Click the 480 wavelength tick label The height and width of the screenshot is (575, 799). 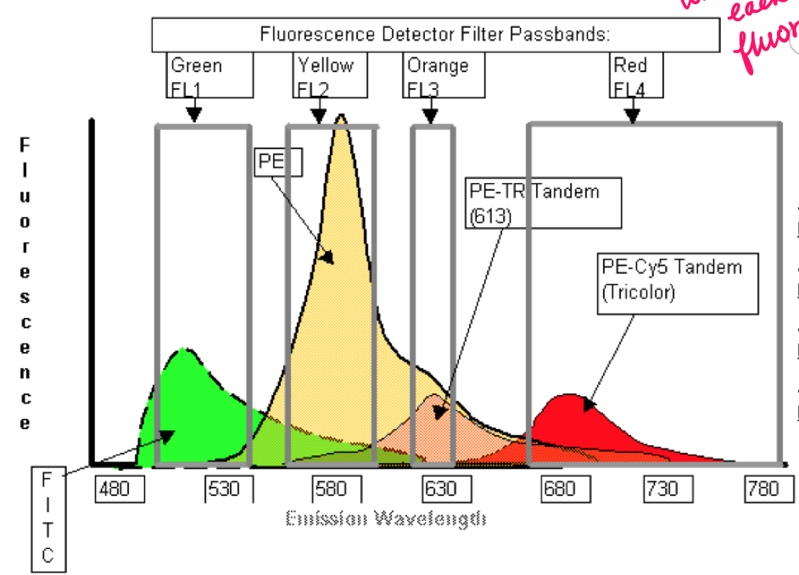click(114, 489)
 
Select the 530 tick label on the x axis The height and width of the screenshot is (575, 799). click(223, 489)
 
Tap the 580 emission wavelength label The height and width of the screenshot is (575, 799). click(331, 489)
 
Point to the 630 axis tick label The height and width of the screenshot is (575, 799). click(439, 489)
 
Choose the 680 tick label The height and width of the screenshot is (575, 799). click(559, 489)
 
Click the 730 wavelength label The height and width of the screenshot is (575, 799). click(662, 489)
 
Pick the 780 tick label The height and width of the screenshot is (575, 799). click(763, 489)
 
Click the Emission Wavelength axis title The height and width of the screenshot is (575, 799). click(386, 518)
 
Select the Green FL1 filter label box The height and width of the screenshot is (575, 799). click(210, 75)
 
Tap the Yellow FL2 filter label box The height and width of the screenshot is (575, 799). click(331, 75)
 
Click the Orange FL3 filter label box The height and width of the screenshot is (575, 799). click(444, 75)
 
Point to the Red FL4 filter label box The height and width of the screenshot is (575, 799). click(636, 75)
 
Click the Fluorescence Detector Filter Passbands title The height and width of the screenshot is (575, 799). click(435, 35)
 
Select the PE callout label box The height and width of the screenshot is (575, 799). click(278, 162)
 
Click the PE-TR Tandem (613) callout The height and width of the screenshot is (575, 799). click(544, 204)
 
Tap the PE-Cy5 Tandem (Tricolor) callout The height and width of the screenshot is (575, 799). click(676, 279)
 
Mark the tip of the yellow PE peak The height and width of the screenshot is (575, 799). click(341, 116)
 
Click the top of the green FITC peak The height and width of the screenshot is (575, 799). click(182, 349)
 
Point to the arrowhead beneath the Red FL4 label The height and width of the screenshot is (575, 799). click(632, 118)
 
